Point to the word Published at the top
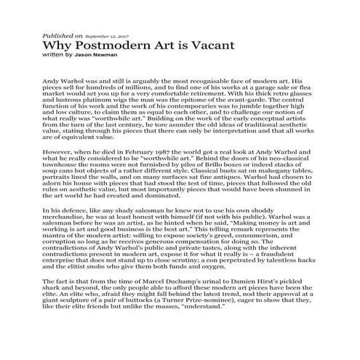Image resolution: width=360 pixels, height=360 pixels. (x=57, y=34)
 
